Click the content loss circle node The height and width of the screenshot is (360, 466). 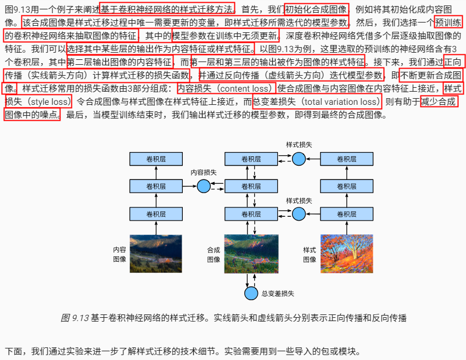(x=204, y=187)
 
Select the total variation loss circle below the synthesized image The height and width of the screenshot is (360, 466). (x=251, y=294)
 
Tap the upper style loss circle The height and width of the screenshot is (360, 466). (x=299, y=159)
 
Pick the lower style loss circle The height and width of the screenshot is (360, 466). (x=299, y=214)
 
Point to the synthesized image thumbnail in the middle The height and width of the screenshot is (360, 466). (x=251, y=254)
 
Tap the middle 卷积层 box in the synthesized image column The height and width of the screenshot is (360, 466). (x=251, y=187)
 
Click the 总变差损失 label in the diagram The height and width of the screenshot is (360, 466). (x=278, y=294)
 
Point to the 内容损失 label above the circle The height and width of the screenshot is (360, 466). (x=204, y=172)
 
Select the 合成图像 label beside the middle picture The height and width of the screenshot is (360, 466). (x=214, y=254)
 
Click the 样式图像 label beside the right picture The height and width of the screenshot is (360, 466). (x=310, y=254)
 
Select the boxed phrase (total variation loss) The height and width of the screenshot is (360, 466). (x=317, y=102)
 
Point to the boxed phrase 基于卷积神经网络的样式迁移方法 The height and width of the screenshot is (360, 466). (x=167, y=9)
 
